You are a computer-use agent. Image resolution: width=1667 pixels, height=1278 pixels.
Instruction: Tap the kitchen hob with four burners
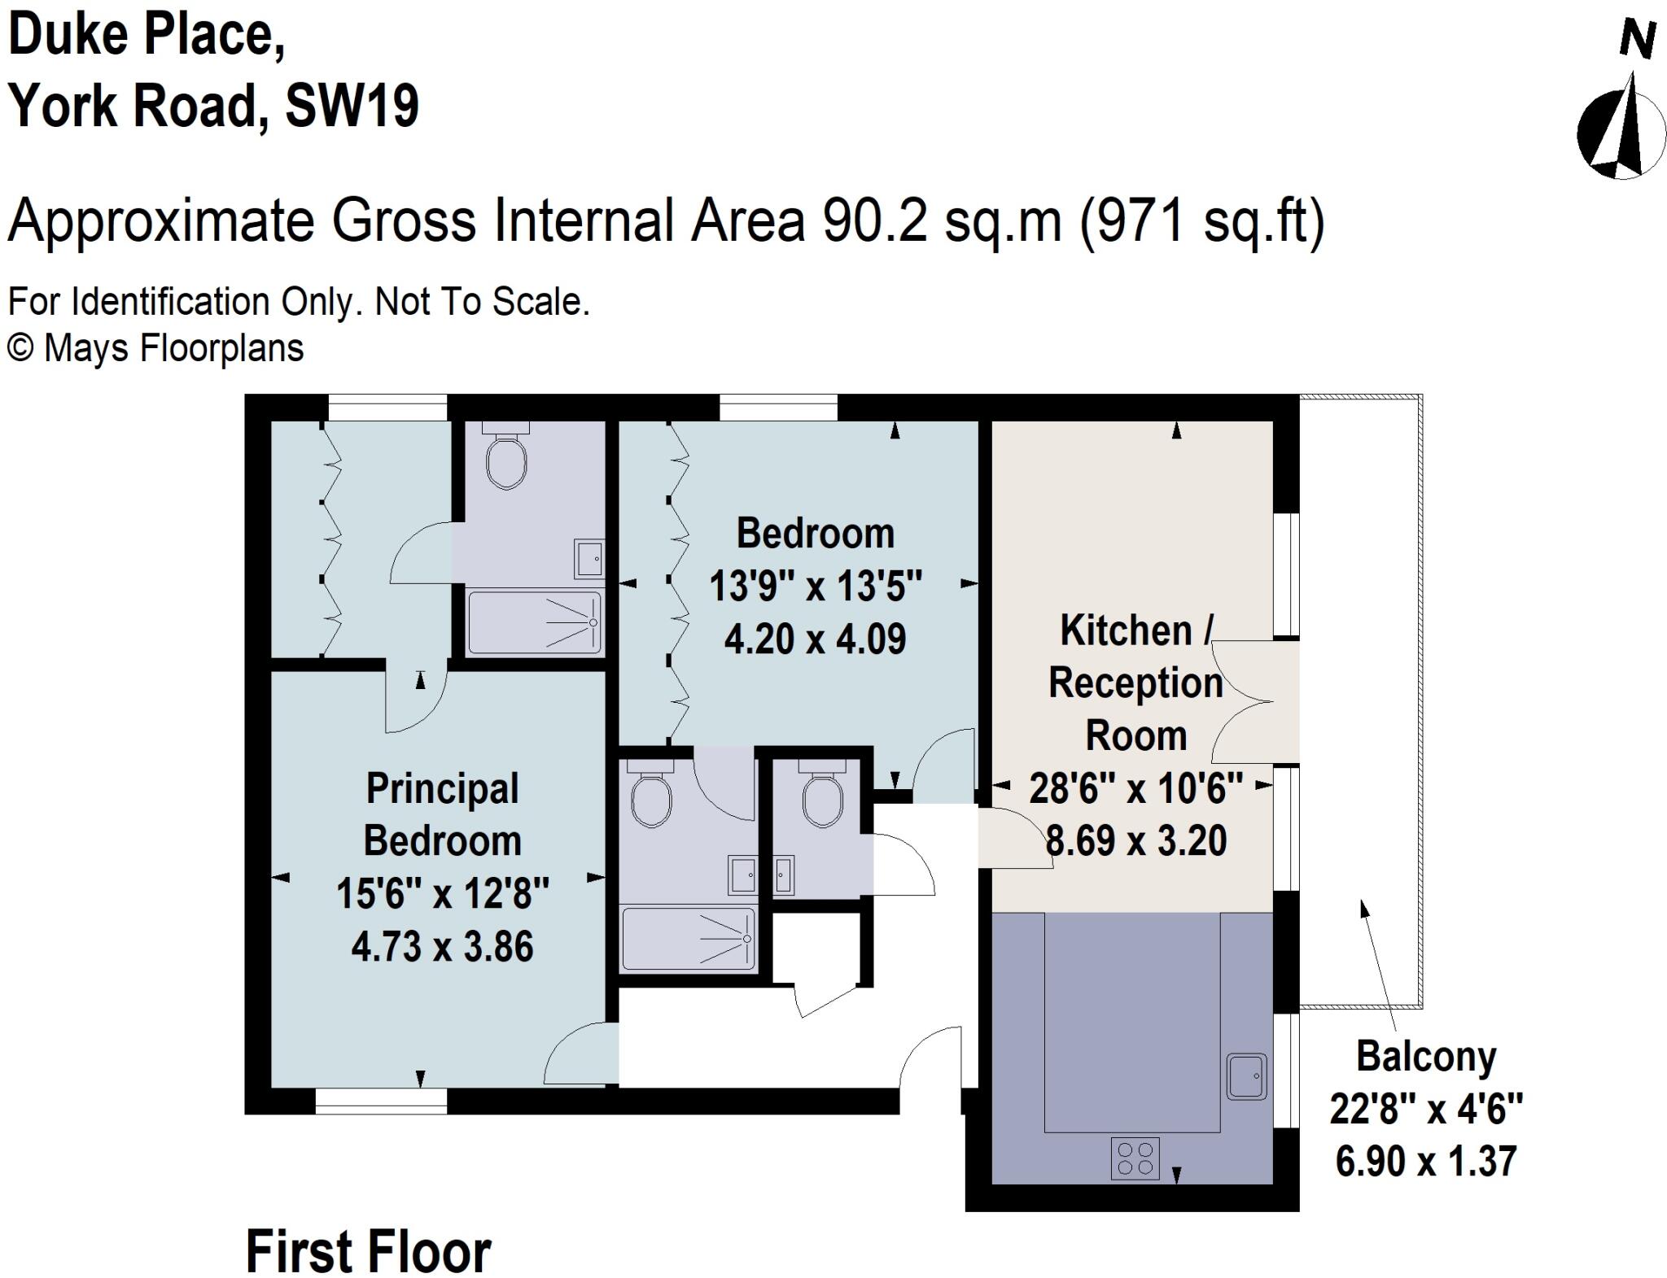(1135, 1158)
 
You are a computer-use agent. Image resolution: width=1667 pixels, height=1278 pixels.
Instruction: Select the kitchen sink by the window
(1247, 1076)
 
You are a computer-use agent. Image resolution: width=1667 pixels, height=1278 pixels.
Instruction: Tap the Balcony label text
(1426, 1057)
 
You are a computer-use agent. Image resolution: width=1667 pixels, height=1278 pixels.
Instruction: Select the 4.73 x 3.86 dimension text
(442, 947)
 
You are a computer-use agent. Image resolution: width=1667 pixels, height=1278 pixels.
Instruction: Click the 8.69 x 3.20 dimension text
(1135, 840)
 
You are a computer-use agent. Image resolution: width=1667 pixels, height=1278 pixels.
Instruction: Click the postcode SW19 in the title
(352, 106)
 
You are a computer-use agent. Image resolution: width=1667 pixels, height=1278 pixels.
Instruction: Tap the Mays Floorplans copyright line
(155, 348)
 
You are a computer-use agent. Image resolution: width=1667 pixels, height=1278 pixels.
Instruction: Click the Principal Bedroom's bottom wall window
(381, 1101)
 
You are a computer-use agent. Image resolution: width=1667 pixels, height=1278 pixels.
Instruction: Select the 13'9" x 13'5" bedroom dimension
(816, 586)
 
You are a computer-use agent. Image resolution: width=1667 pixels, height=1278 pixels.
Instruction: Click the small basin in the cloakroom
(783, 875)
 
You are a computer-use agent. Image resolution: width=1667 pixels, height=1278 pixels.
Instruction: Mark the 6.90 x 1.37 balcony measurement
(1426, 1161)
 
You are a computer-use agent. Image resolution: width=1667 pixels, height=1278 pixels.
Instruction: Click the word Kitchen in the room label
(1126, 631)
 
